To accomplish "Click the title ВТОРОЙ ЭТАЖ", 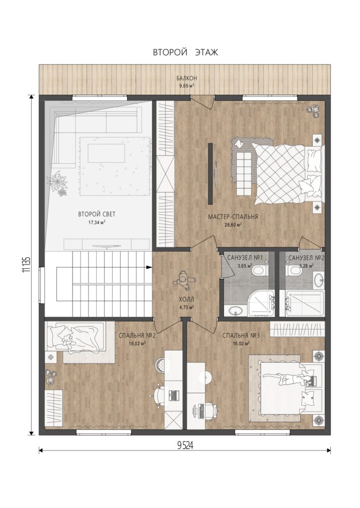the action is point(186,53).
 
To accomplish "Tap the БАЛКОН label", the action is point(187,78).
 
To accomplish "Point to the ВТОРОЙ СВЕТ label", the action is point(97,214).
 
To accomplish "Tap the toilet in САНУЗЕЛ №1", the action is point(260,271).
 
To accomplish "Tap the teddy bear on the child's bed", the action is point(68,341).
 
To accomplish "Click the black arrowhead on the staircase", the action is point(149,267).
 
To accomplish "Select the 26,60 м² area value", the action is point(233,225).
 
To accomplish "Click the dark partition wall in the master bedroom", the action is point(211,174).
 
